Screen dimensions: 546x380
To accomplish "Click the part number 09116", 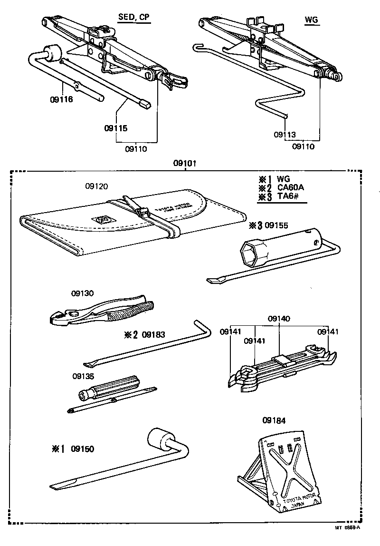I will (x=61, y=100).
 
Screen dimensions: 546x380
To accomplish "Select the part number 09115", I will (x=116, y=128).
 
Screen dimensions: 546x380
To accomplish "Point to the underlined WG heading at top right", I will (x=311, y=20).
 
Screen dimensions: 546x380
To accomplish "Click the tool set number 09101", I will (x=185, y=163).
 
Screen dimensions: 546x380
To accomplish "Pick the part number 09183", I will (x=153, y=334).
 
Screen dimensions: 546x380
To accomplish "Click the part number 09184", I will (x=274, y=420).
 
